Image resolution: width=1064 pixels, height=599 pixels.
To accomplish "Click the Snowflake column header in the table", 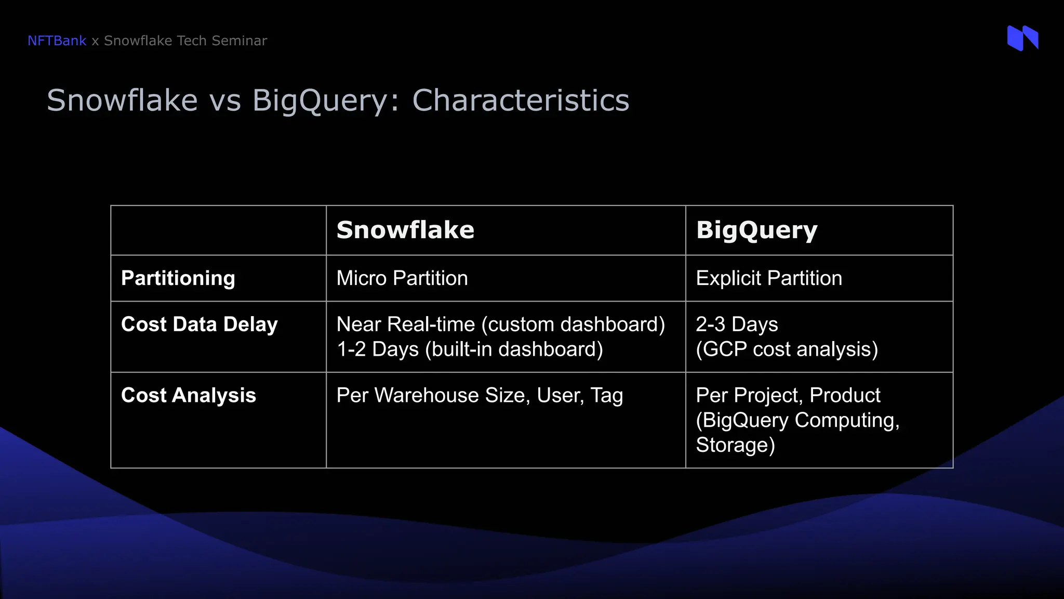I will [x=405, y=230].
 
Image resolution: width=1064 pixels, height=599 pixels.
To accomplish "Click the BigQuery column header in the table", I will [x=756, y=230].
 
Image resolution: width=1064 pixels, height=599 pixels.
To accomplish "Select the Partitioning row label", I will [x=178, y=278].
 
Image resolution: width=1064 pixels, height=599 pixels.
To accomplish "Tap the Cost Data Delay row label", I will [x=199, y=324].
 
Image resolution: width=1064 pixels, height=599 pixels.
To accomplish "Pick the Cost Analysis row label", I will [x=188, y=395].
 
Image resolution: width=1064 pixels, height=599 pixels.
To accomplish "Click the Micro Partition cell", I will [x=402, y=278].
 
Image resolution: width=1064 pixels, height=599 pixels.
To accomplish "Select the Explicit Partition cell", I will [x=768, y=278].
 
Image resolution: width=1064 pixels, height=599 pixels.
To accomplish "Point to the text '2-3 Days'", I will [x=736, y=324].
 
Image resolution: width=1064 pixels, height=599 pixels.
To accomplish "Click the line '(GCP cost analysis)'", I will [x=787, y=349].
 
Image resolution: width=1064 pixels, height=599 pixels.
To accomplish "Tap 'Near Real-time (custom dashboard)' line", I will [x=500, y=324].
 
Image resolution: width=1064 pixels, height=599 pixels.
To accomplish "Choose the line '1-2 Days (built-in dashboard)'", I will [x=469, y=349].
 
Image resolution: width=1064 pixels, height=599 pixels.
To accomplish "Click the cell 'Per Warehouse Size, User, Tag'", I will [x=479, y=395].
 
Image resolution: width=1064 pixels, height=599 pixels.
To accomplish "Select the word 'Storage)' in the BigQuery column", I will [x=735, y=445].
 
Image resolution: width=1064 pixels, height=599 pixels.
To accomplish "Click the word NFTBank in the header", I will [x=57, y=41].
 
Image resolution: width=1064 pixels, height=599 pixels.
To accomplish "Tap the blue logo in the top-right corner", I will [x=1022, y=38].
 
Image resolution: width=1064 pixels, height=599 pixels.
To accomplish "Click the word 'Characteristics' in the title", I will [x=520, y=100].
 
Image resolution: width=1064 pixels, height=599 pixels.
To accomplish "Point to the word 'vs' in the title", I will [x=225, y=100].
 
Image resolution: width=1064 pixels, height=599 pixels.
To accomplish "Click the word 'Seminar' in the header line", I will [x=243, y=41].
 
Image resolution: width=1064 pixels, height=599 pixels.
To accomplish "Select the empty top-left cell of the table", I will [x=218, y=230].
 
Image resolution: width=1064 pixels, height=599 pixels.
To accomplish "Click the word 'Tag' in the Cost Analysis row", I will [x=606, y=395].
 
